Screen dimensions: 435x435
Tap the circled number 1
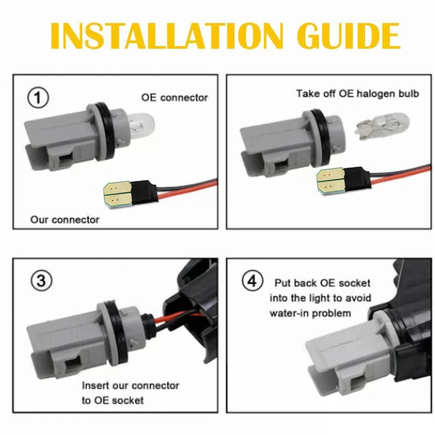(38, 97)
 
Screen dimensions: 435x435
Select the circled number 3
(41, 281)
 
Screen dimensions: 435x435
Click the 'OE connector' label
(174, 97)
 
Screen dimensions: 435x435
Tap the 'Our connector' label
(65, 220)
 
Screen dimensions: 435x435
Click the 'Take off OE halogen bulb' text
(357, 94)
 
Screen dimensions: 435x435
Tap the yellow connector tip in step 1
(117, 194)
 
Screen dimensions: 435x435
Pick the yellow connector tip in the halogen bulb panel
(331, 181)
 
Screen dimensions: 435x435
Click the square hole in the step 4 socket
(358, 383)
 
